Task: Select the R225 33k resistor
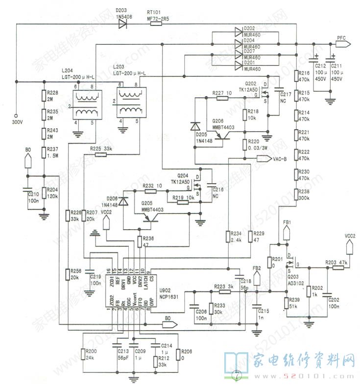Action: (101, 154)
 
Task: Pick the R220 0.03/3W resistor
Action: (245, 145)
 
